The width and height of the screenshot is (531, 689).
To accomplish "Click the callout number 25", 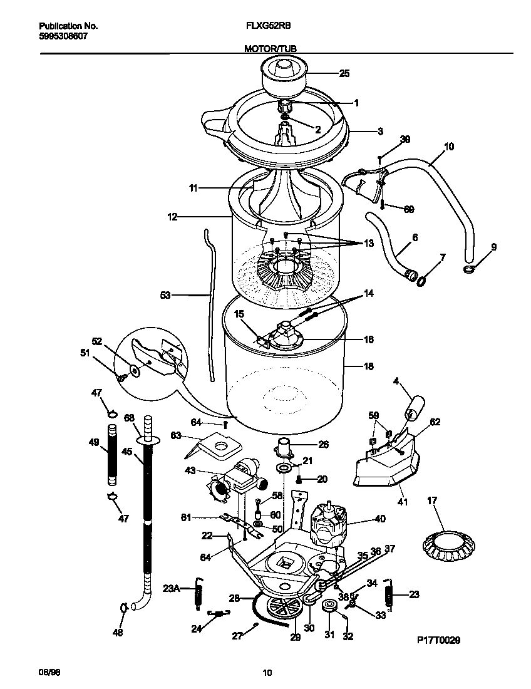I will pos(344,73).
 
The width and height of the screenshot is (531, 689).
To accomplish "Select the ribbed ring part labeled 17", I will pos(447,542).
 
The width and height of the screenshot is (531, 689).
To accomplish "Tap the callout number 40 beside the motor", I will pos(380,519).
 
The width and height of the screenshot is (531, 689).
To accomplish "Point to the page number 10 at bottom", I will pos(267,673).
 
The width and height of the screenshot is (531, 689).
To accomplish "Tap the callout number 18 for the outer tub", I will pos(369,366).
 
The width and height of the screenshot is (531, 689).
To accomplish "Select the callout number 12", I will pos(172,217).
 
